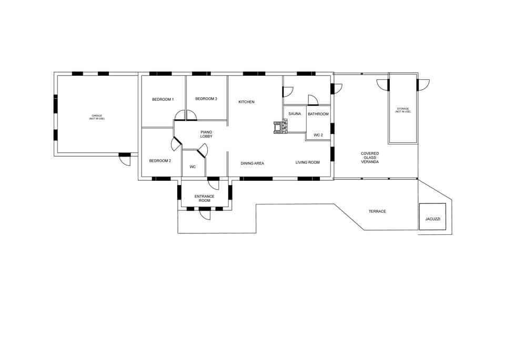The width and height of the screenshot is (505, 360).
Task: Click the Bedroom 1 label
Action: pos(163,99)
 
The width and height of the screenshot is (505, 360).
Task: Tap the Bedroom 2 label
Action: pos(159,161)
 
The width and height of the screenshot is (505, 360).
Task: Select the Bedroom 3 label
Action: pos(206,99)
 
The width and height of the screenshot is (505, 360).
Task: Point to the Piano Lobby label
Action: pos(206,134)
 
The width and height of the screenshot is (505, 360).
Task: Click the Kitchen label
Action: pos(246,102)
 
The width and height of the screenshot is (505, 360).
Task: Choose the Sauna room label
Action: pos(295,114)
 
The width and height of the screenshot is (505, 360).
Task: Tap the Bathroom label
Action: pos(318,114)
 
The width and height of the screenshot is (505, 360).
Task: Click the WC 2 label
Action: pos(318,135)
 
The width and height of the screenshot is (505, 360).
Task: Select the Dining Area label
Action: pos(252,163)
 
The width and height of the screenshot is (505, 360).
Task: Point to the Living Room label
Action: pos(308,162)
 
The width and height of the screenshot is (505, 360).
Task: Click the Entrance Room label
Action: pos(204,199)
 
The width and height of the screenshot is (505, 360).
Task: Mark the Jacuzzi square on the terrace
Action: pos(432,217)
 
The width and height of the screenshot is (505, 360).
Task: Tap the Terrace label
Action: pos(377,211)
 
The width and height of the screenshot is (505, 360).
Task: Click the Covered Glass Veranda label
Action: pos(370,158)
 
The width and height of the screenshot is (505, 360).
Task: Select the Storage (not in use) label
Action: pos(403,110)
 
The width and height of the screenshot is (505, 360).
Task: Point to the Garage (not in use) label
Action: pos(97,117)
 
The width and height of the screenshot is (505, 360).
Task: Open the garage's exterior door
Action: pos(124,159)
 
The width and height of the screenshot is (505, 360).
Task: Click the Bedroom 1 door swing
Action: pos(186,115)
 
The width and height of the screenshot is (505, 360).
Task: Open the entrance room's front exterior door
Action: pos(205,214)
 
